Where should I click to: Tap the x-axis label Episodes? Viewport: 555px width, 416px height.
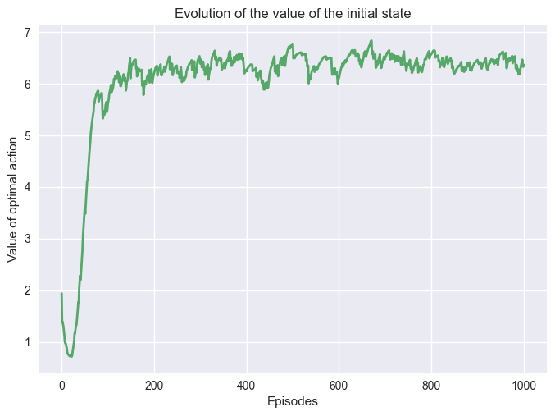[293, 402]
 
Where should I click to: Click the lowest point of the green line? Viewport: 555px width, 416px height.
[71, 356]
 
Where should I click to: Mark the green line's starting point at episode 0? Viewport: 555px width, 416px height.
[61, 294]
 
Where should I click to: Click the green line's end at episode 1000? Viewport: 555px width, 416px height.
[524, 65]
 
